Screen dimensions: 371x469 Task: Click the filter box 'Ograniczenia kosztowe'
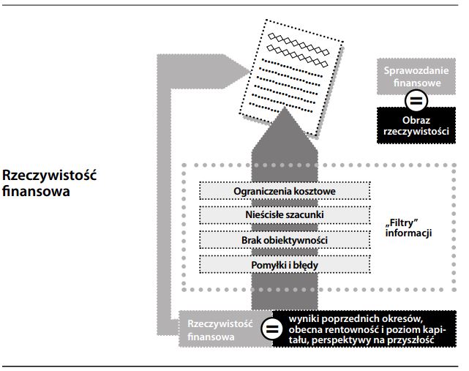pyautogui.click(x=285, y=192)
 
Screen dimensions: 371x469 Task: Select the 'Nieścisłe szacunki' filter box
pyautogui.click(x=285, y=215)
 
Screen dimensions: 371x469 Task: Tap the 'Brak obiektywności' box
pyautogui.click(x=285, y=239)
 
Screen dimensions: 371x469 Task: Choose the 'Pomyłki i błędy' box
pyautogui.click(x=285, y=263)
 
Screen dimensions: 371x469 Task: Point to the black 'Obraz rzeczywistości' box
pyautogui.click(x=414, y=124)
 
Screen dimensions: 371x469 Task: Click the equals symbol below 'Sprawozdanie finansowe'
pyautogui.click(x=414, y=100)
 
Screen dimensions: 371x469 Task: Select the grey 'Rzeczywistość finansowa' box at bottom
pyautogui.click(x=217, y=330)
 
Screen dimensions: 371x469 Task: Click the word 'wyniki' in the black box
pyautogui.click(x=304, y=318)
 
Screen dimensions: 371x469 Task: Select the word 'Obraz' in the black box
pyautogui.click(x=414, y=119)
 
